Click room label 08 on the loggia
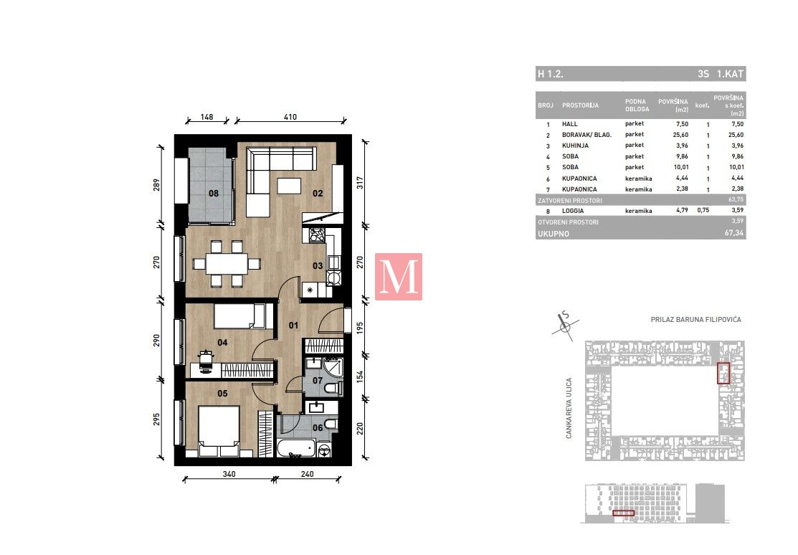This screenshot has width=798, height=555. (214, 194)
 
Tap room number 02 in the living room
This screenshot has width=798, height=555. (318, 194)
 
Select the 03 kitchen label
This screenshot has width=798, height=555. (318, 266)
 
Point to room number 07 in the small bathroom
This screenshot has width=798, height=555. (318, 381)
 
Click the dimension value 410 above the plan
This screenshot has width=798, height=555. (290, 117)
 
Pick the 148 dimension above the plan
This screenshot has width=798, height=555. (206, 117)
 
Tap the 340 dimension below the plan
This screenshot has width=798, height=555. (229, 474)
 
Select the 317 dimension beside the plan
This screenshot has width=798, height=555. (360, 183)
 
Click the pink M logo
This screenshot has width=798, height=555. (399, 277)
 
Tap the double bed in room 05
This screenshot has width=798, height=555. (219, 431)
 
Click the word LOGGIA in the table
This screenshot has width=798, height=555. (573, 211)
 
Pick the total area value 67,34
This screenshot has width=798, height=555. (734, 233)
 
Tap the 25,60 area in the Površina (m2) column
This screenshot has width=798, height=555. (680, 135)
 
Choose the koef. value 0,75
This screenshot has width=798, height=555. (703, 210)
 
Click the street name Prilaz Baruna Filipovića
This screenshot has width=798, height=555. (695, 320)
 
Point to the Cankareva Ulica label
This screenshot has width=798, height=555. (569, 408)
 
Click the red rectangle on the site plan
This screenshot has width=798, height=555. (723, 373)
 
